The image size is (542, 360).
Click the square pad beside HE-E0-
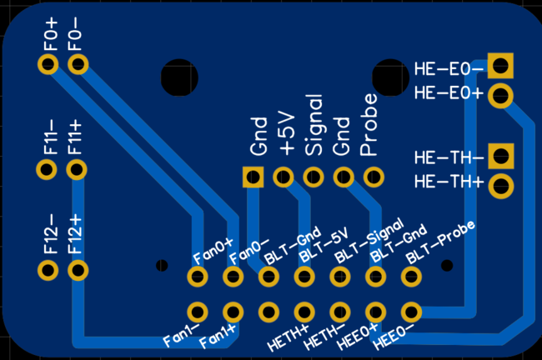[x=500, y=65]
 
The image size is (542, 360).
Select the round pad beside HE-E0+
[x=500, y=94]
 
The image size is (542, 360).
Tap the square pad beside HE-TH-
[x=500, y=155]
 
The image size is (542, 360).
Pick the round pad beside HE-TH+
[x=500, y=185]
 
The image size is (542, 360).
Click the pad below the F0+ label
[x=48, y=65]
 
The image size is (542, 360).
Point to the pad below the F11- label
[x=47, y=170]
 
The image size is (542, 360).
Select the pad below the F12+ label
[x=78, y=270]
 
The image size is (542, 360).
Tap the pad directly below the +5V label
[x=283, y=177]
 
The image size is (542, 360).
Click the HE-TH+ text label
[x=449, y=182]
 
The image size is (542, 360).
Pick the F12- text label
[x=49, y=234]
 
